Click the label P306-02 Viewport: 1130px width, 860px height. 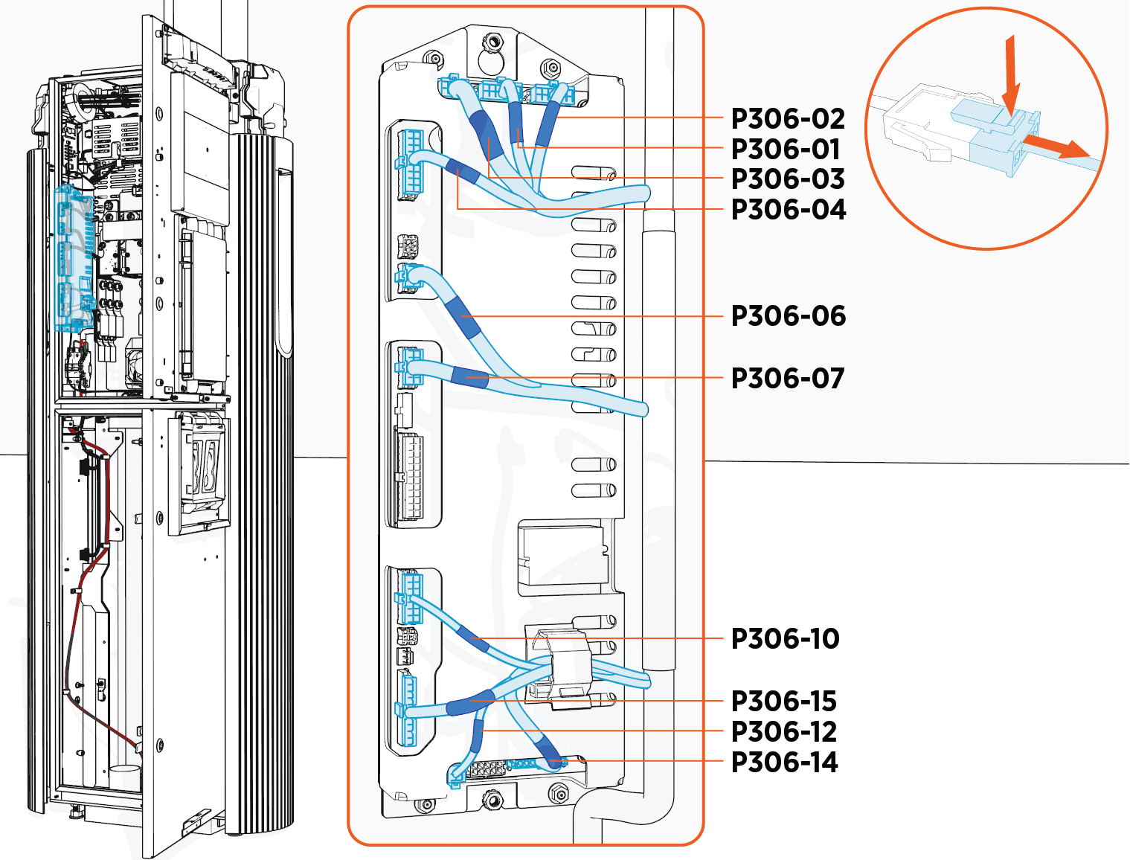click(788, 119)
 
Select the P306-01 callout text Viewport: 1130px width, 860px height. click(785, 150)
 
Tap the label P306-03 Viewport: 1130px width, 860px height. click(788, 179)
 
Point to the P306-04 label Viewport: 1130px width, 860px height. click(788, 210)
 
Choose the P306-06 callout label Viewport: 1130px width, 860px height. click(788, 316)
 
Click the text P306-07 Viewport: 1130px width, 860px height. click(787, 379)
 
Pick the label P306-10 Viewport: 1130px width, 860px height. click(785, 639)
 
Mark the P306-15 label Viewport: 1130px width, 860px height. click(783, 702)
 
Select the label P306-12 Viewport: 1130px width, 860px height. click(783, 732)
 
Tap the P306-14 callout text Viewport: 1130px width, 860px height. click(784, 763)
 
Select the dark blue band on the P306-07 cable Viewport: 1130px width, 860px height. click(469, 377)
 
